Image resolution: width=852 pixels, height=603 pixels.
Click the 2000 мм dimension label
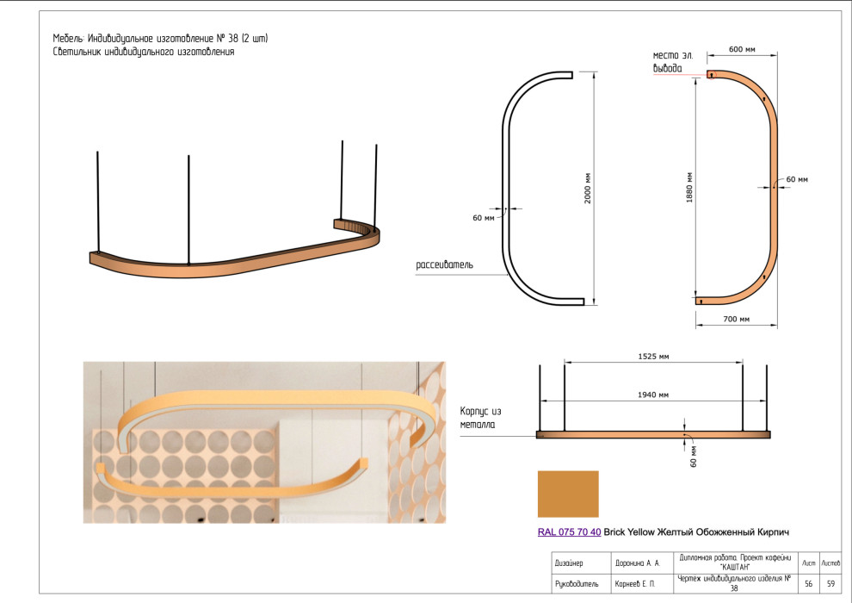click(x=588, y=189)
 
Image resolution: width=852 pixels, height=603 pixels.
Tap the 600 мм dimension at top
click(x=742, y=50)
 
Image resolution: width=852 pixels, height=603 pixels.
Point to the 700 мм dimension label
click(x=737, y=320)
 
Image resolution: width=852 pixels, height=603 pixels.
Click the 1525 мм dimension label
click(x=653, y=355)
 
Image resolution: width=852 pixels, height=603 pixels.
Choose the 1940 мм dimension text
click(x=654, y=395)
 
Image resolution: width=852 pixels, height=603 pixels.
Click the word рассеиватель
click(x=444, y=264)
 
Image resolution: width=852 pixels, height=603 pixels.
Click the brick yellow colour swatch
click(x=567, y=494)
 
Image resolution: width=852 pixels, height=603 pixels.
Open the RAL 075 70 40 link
click(x=569, y=532)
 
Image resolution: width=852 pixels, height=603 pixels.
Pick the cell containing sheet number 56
click(x=809, y=584)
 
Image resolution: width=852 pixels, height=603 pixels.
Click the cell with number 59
click(x=830, y=584)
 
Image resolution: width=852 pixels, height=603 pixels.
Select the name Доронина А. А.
click(x=637, y=563)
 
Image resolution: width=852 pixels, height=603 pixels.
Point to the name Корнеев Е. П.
click(x=635, y=584)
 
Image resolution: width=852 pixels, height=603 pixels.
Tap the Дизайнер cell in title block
click(x=570, y=563)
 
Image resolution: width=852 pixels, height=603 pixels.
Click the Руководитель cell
click(x=575, y=584)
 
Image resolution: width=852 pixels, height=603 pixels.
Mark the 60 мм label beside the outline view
click(x=484, y=217)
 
